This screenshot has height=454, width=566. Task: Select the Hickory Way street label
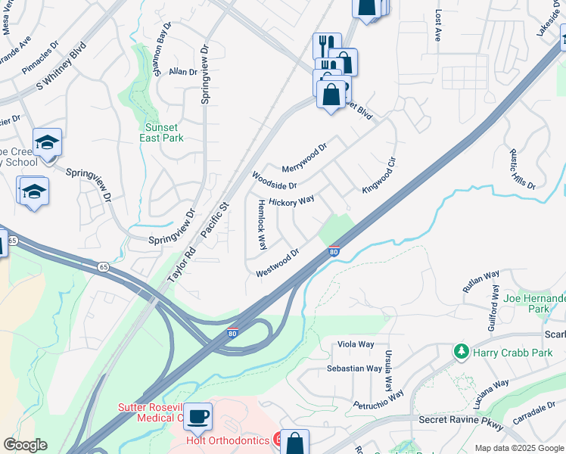(x=291, y=202)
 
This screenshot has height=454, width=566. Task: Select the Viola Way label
(x=356, y=344)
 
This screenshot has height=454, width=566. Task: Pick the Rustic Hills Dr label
(x=523, y=168)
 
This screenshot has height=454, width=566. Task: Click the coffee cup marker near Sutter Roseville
(x=197, y=415)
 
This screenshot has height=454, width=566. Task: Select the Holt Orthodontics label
(x=228, y=440)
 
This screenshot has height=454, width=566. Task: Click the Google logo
(x=26, y=445)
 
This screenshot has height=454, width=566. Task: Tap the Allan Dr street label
(x=182, y=72)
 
